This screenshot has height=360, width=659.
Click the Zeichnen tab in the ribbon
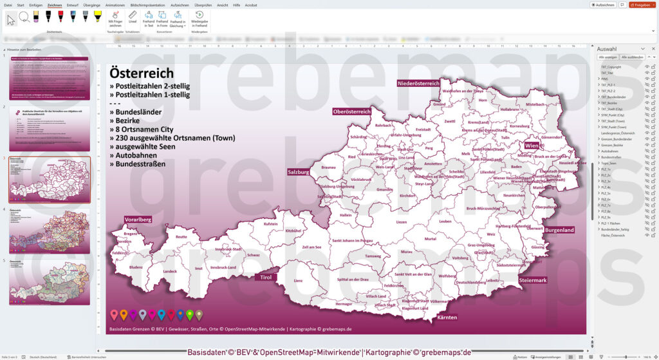coord(55,5)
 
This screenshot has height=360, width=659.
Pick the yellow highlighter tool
coord(98,17)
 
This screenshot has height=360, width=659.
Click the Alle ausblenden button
coord(631,57)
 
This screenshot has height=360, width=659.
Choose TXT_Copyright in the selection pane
coord(611,66)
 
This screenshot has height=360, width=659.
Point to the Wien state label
coord(532,146)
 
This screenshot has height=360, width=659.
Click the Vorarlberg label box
coord(138,220)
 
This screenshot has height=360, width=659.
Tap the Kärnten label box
coord(447,317)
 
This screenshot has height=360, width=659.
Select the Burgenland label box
coord(559,230)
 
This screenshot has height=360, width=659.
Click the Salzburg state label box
coord(299,173)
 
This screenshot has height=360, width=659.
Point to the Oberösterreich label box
coord(351,111)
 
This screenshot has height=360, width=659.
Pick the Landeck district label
coord(170,271)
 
